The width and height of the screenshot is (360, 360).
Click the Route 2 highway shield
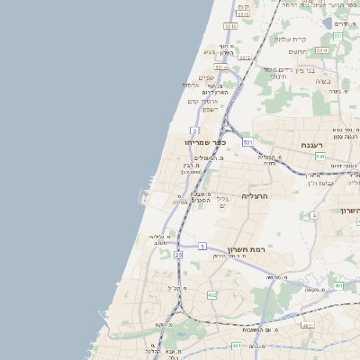(x=194, y=130)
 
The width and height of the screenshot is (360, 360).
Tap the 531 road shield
(x=247, y=142)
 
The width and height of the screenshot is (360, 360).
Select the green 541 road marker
(x=320, y=157)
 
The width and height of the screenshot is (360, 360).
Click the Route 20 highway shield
(x=178, y=256)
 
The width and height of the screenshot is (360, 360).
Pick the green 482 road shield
(x=211, y=294)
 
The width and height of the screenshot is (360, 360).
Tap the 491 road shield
(x=338, y=286)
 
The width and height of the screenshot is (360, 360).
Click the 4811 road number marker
(x=309, y=325)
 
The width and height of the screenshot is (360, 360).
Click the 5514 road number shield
(x=220, y=67)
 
